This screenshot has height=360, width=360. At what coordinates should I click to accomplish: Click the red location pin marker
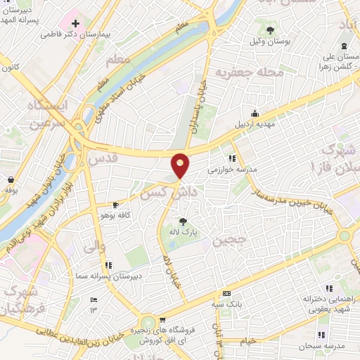[x=181, y=165]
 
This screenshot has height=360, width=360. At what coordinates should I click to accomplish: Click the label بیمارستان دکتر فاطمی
[x=71, y=33]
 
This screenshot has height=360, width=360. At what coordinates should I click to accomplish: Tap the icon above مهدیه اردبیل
[x=255, y=114]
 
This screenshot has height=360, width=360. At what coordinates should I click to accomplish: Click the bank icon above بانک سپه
[x=226, y=294]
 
